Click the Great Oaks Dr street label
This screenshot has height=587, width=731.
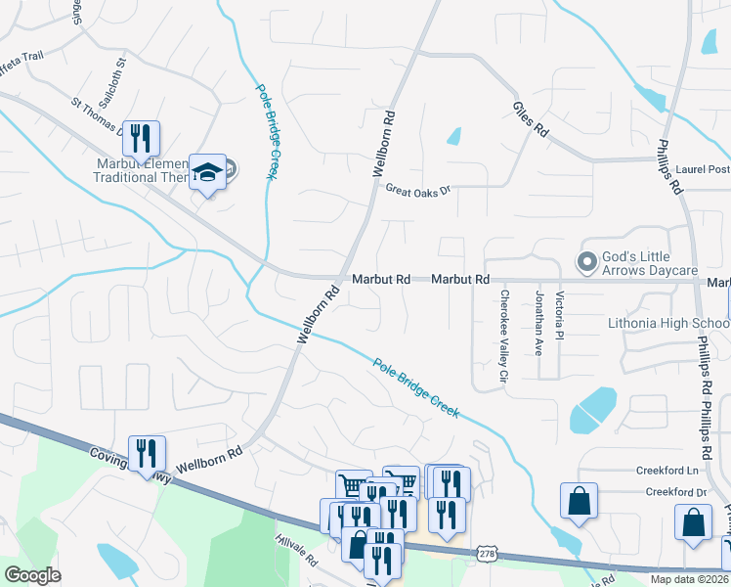point(415,190)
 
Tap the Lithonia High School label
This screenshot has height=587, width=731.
point(668,323)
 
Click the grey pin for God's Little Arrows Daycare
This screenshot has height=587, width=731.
point(586,262)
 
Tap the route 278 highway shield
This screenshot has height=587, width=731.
point(486,554)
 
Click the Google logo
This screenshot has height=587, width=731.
point(32,575)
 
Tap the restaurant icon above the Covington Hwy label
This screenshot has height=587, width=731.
point(147,452)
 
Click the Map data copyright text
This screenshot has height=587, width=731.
point(690,579)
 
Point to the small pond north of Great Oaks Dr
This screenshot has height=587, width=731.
point(453,136)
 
